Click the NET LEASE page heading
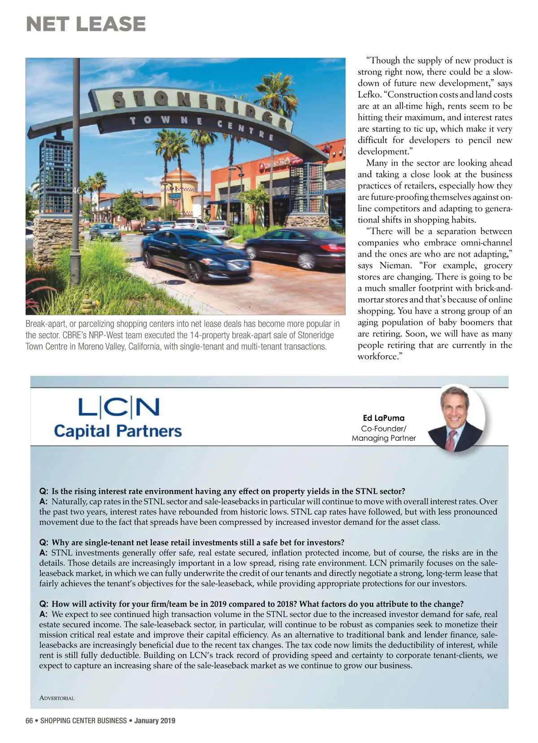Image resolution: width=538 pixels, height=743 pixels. click(x=86, y=24)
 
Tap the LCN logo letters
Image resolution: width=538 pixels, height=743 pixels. click(x=119, y=407)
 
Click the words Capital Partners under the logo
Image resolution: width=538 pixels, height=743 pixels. click(x=118, y=431)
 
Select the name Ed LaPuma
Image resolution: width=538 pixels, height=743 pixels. click(x=383, y=418)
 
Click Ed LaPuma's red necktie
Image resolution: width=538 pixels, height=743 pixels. click(x=450, y=441)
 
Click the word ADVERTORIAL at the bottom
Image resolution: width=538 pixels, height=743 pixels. click(x=57, y=698)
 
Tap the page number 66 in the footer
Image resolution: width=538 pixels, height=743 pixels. click(x=29, y=721)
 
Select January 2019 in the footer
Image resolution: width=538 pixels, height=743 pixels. click(x=155, y=721)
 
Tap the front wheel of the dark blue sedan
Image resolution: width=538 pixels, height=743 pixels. click(x=194, y=271)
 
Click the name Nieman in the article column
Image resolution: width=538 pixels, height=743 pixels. click(x=395, y=265)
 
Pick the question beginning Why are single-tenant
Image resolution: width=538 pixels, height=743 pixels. click(x=198, y=542)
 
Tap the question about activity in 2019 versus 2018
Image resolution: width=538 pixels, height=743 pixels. click(x=257, y=604)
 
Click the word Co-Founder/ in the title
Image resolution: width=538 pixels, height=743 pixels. click(x=383, y=429)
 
